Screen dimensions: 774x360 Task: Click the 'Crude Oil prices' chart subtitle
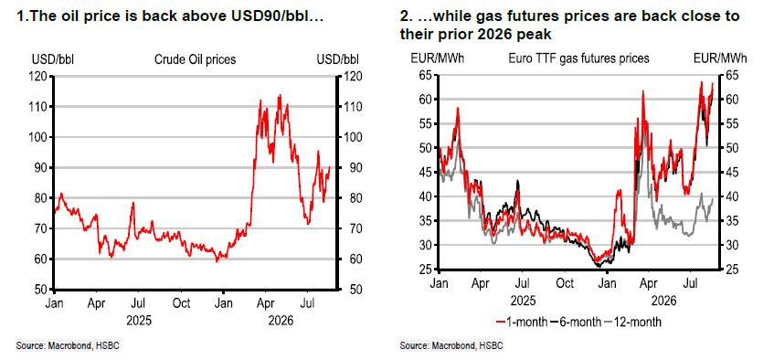click(x=195, y=59)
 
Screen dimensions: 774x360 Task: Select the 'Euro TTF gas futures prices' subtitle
click(x=578, y=58)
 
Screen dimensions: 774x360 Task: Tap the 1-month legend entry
click(x=521, y=322)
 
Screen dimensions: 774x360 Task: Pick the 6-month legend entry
click(x=576, y=322)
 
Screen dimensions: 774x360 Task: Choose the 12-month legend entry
click(x=632, y=322)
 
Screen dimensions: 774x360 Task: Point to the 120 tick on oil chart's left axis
click(x=39, y=76)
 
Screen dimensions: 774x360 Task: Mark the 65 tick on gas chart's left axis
click(x=425, y=75)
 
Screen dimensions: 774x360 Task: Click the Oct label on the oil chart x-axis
click(x=182, y=302)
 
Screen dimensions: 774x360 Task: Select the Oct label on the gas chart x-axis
click(x=565, y=284)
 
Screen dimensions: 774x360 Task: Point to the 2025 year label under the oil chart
click(x=139, y=321)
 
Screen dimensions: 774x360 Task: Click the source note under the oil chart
click(x=68, y=345)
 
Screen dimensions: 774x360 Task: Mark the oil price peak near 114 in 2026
click(x=280, y=95)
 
